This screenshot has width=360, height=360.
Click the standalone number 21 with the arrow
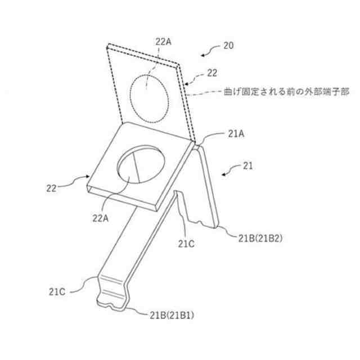[247, 166]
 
